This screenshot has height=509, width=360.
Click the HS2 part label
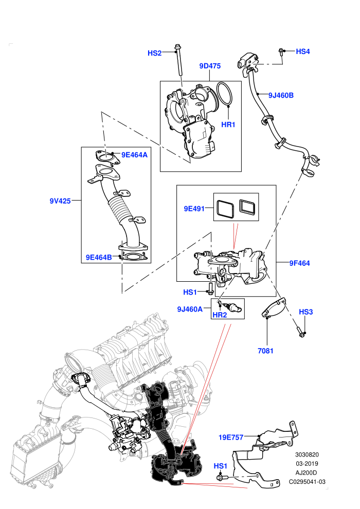154,53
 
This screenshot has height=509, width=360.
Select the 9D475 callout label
210,66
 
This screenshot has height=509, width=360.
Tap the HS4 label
303,51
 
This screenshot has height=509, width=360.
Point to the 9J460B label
281,95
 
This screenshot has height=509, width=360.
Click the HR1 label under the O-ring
228,124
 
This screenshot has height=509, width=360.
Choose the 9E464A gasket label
134,155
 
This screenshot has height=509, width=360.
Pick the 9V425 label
60,201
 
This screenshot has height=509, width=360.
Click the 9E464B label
99,258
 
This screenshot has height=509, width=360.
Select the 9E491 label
194,209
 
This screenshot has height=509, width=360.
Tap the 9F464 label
300,263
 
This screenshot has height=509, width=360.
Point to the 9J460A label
190,309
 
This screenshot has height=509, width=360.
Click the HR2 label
220,315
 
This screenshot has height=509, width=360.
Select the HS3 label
306,312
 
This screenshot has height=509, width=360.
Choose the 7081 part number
265,351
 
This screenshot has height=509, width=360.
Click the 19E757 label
231,437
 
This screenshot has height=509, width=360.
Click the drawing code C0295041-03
307,482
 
